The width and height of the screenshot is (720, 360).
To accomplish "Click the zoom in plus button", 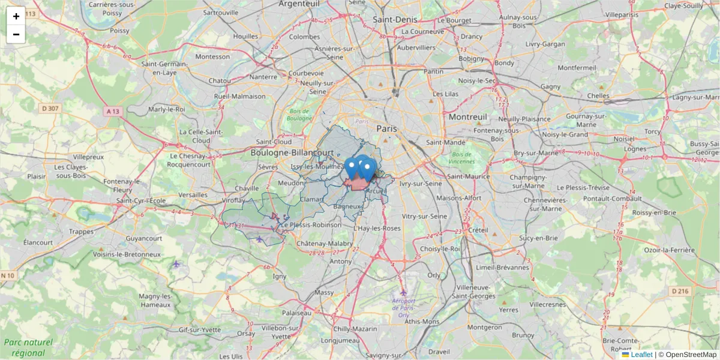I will click(16, 16).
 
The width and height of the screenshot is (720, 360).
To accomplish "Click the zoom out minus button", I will click(16, 34).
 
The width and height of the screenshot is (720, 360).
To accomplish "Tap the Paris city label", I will click(387, 128).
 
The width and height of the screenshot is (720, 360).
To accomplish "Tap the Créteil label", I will click(478, 230).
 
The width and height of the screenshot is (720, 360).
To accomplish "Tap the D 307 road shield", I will click(50, 109).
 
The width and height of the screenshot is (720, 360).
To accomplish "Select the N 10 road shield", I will click(7, 275).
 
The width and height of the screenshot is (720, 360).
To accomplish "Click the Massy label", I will click(324, 292).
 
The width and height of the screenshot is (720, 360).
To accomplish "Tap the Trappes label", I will click(82, 231).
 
